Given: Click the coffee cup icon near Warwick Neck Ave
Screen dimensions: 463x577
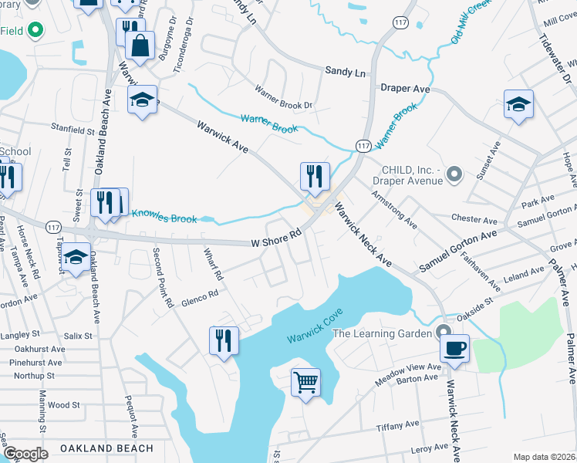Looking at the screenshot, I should point(455,348).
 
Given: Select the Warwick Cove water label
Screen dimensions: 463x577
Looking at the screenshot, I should point(314,327).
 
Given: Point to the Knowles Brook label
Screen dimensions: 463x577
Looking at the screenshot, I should point(164,216).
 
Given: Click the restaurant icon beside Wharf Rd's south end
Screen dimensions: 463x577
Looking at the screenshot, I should point(224,340).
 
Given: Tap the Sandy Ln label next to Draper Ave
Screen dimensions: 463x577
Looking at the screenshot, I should point(345,70).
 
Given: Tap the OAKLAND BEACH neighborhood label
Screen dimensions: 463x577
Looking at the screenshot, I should point(106,448).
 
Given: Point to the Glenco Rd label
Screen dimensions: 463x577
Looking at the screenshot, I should point(201,293).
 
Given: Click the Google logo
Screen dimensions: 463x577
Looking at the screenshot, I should point(25,454).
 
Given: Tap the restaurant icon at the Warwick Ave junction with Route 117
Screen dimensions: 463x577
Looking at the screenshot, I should point(315,177).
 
